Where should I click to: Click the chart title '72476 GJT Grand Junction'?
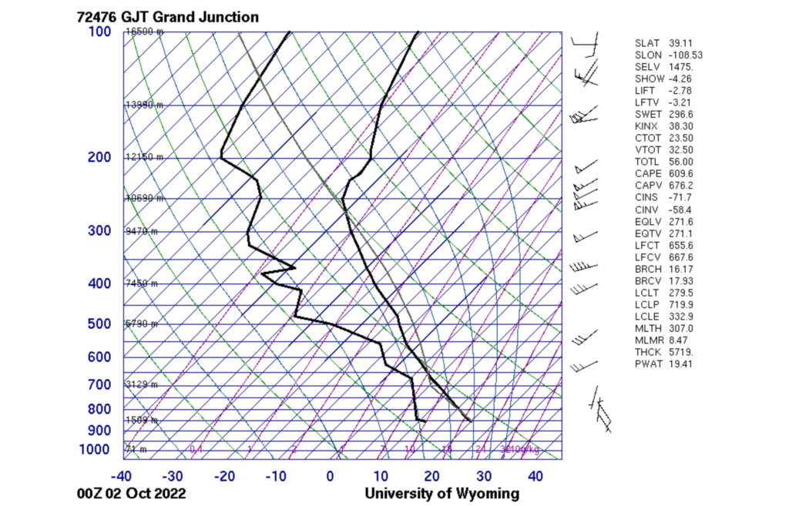[x=168, y=16]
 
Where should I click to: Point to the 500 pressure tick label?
[x=99, y=324]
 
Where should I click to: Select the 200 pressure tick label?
[x=99, y=157]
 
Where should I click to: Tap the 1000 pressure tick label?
[x=96, y=450]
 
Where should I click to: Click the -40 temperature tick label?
[x=123, y=477]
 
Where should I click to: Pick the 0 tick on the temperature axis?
[x=330, y=477]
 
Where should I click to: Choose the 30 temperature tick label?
[x=484, y=477]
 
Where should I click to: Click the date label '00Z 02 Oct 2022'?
[x=132, y=494]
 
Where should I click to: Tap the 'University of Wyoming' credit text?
[x=442, y=494]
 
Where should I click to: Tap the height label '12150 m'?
[x=144, y=157]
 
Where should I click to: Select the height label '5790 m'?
[x=142, y=324]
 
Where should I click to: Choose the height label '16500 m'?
[x=144, y=32]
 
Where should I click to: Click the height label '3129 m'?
[x=142, y=384]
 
